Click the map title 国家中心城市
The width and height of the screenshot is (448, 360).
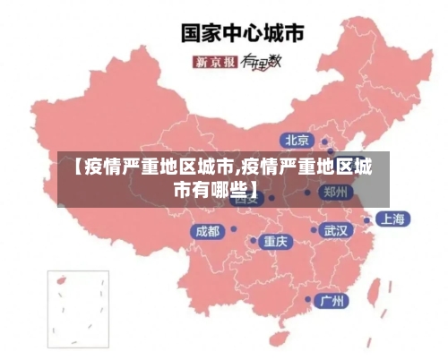(x=242, y=32)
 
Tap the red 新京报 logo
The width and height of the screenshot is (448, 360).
(x=215, y=62)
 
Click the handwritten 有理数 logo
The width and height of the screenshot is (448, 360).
(x=263, y=62)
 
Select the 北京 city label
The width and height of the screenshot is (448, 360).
(x=297, y=140)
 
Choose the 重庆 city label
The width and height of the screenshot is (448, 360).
(x=274, y=241)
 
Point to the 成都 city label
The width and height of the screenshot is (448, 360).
(x=206, y=231)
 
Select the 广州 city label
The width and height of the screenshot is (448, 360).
(x=333, y=300)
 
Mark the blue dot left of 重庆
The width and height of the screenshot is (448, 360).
(x=254, y=240)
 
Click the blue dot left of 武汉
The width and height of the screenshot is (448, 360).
(x=314, y=230)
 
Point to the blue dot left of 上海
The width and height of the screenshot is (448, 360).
(x=367, y=218)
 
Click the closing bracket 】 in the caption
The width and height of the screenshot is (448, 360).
(x=254, y=189)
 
